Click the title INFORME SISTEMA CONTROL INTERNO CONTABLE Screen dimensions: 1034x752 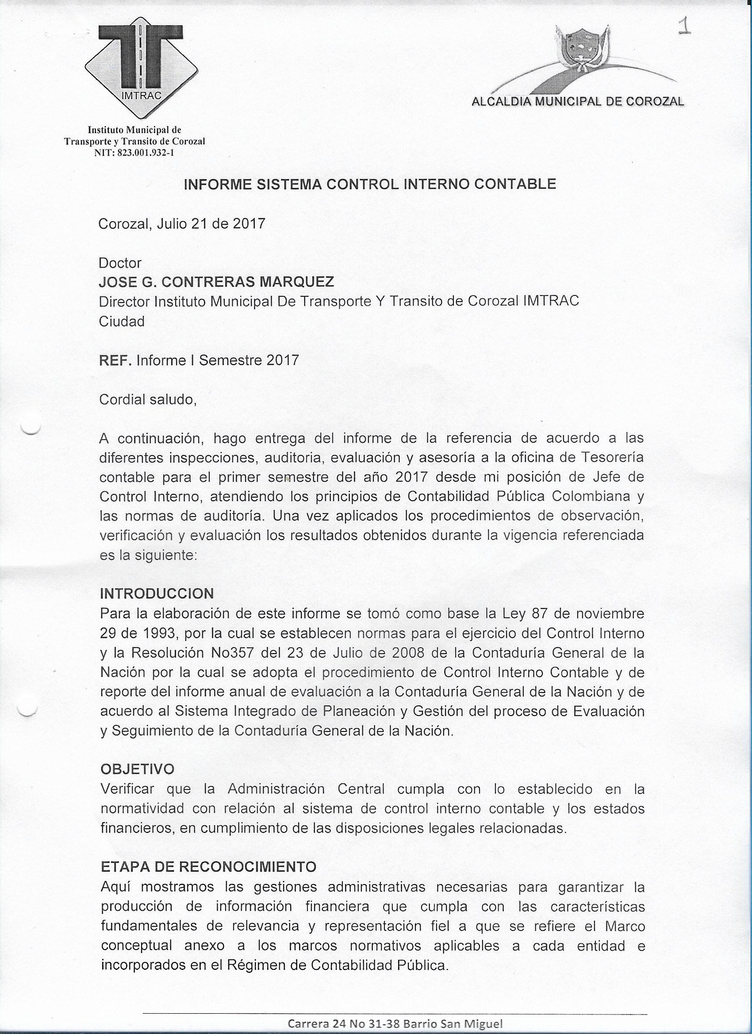pyautogui.click(x=369, y=184)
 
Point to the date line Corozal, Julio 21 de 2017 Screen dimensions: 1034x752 pyautogui.click(x=181, y=224)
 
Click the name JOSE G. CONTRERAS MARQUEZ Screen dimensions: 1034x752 pyautogui.click(x=216, y=282)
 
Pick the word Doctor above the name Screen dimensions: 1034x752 pyautogui.click(x=120, y=263)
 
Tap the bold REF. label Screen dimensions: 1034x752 pyautogui.click(x=115, y=360)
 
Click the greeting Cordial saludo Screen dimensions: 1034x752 pyautogui.click(x=147, y=400)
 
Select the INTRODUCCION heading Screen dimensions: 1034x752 pyautogui.click(x=157, y=594)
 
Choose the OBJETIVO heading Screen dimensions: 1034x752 pyautogui.click(x=137, y=769)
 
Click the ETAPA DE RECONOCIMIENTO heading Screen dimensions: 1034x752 pyautogui.click(x=208, y=867)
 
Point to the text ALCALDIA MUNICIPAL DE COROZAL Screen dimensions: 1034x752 pyautogui.click(x=577, y=101)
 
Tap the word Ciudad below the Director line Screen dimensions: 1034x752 pyautogui.click(x=121, y=322)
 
